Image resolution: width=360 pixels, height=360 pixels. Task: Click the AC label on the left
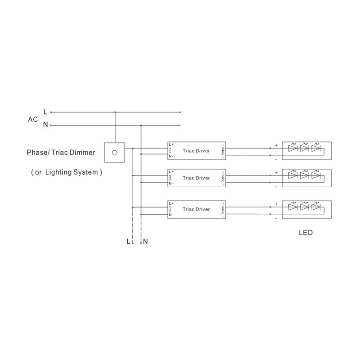click(x=32, y=119)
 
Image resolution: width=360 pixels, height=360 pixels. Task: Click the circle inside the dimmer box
click(x=115, y=153)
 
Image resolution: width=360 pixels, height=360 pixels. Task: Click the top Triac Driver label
click(x=196, y=151)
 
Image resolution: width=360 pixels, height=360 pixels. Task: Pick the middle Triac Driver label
click(x=196, y=178)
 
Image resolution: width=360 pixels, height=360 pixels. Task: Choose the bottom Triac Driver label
click(x=196, y=209)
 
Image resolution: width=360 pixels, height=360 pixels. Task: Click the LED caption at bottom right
click(x=306, y=234)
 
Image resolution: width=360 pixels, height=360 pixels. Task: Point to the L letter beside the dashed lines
click(x=128, y=241)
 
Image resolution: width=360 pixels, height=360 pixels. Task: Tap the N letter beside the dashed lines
click(x=145, y=241)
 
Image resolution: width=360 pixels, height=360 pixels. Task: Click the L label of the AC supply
click(x=45, y=112)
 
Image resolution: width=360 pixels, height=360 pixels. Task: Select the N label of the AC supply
click(x=45, y=125)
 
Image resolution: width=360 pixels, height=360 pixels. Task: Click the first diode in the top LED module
click(x=293, y=148)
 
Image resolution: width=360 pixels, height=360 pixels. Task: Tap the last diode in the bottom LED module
click(x=316, y=208)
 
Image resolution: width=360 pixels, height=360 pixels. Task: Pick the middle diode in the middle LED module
click(x=305, y=175)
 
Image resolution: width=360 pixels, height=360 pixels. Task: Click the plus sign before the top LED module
click(x=276, y=145)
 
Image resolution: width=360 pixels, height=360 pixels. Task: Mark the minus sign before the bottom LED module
click(x=276, y=218)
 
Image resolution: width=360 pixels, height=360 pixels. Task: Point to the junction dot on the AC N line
click(x=141, y=125)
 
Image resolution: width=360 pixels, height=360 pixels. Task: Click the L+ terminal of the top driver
click(x=171, y=144)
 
